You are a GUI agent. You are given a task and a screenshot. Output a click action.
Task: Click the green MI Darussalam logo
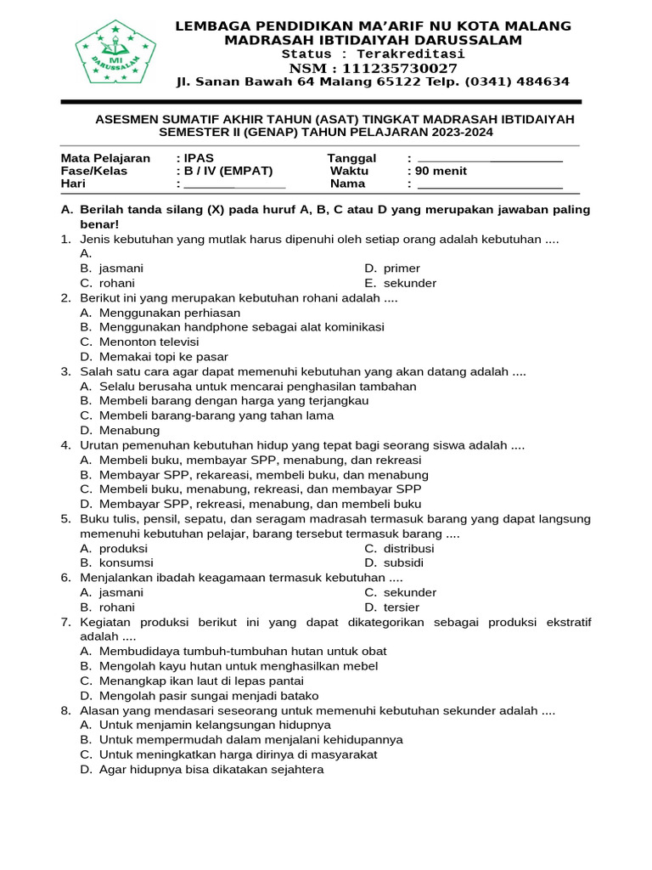click(x=115, y=53)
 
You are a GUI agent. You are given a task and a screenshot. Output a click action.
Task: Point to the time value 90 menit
click(x=440, y=171)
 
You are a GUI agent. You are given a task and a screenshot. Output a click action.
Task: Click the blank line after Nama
click(x=490, y=185)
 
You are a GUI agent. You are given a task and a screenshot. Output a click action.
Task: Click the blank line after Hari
click(x=234, y=185)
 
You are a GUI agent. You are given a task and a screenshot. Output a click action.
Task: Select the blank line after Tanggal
click(x=490, y=159)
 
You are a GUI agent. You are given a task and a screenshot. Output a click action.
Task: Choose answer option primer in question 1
click(x=402, y=268)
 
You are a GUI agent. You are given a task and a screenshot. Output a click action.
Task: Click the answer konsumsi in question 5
click(x=126, y=562)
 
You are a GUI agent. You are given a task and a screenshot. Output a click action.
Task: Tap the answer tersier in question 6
click(x=402, y=607)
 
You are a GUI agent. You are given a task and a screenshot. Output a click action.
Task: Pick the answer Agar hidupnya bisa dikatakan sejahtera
click(x=211, y=770)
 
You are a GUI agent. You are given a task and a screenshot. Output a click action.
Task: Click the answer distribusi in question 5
click(x=409, y=548)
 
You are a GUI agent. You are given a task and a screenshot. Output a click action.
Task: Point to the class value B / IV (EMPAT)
click(x=224, y=171)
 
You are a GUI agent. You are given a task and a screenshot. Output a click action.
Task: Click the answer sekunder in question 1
click(x=409, y=283)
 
